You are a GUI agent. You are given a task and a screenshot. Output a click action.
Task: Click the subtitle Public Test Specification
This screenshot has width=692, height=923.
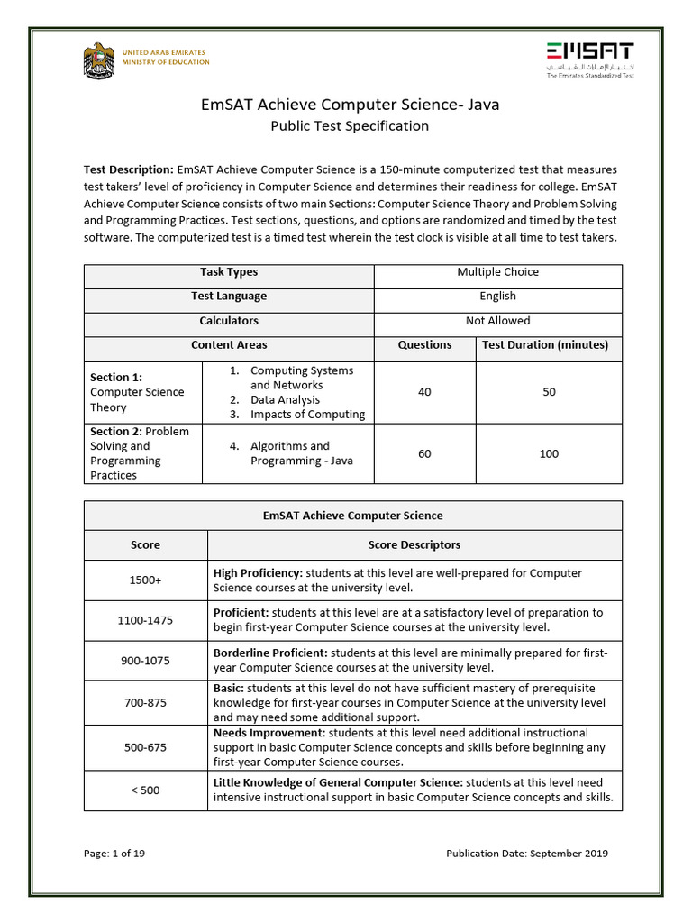pyautogui.click(x=350, y=126)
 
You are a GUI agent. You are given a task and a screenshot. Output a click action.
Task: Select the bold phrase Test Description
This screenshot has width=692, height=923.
pyautogui.click(x=128, y=169)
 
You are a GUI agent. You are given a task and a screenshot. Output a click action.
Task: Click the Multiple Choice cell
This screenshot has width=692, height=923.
pyautogui.click(x=497, y=271)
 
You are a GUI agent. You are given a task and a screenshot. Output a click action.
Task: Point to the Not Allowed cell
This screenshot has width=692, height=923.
pyautogui.click(x=497, y=321)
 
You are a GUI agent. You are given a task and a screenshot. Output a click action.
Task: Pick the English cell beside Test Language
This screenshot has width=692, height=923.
pyautogui.click(x=497, y=296)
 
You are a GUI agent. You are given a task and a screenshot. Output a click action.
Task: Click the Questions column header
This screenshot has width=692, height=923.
pyautogui.click(x=424, y=345)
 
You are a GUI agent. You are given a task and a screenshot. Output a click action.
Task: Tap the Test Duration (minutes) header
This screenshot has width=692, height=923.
pyautogui.click(x=549, y=345)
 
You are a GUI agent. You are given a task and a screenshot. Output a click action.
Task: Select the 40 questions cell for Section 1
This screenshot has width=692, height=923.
pyautogui.click(x=424, y=392)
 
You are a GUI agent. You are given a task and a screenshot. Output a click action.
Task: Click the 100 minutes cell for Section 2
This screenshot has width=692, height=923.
pyautogui.click(x=549, y=453)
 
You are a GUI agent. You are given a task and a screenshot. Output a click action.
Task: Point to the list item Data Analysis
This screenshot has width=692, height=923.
pyautogui.click(x=285, y=399)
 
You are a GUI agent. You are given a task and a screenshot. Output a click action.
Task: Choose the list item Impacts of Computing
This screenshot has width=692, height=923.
pyautogui.click(x=307, y=415)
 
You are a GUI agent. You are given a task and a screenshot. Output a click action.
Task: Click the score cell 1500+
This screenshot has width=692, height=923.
pyautogui.click(x=145, y=580)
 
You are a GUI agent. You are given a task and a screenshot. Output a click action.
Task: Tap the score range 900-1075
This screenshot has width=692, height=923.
pyautogui.click(x=145, y=661)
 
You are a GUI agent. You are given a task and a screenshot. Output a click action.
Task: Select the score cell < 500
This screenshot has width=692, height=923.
pyautogui.click(x=145, y=790)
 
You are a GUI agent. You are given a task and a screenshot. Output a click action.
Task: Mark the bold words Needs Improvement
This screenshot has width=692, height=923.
pyautogui.click(x=268, y=733)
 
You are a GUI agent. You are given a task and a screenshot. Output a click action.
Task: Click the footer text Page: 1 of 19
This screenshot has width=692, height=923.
pyautogui.click(x=114, y=854)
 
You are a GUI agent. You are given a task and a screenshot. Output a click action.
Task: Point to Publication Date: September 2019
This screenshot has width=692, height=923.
pyautogui.click(x=527, y=854)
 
